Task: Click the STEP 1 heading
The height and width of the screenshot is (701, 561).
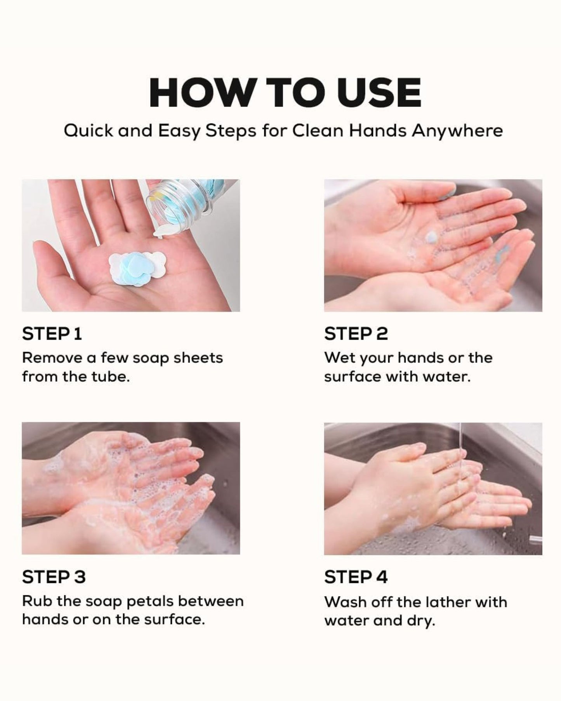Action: click(x=52, y=334)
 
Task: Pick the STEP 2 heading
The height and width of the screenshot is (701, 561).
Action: click(x=356, y=334)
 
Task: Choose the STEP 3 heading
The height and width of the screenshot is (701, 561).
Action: click(x=54, y=577)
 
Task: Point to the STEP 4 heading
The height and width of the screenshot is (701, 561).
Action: click(x=356, y=577)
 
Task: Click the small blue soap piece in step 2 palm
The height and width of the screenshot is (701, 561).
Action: click(x=431, y=236)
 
